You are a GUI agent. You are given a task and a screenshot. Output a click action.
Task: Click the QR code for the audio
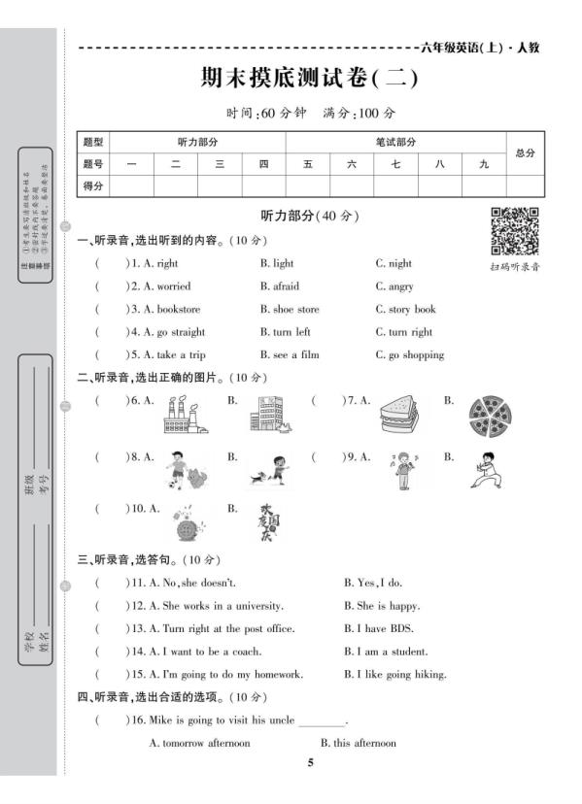515,231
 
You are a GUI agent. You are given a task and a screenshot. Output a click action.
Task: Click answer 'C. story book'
406,309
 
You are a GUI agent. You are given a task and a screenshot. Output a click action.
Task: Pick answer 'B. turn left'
290,332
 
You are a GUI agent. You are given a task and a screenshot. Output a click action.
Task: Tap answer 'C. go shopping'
410,354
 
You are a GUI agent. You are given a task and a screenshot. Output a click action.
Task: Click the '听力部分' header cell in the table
197,142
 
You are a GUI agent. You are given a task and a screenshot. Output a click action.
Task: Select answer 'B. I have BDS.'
380,628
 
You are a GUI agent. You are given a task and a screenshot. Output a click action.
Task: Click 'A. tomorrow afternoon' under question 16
199,743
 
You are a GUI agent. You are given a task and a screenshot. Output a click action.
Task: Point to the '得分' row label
93,185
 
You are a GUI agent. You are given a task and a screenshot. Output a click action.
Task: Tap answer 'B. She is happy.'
382,605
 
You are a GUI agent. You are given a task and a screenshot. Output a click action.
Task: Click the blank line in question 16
323,722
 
